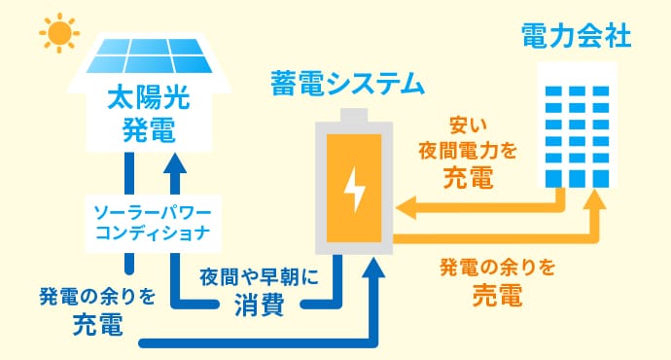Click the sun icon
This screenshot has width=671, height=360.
pyautogui.click(x=59, y=33)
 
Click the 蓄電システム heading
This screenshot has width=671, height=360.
pyautogui.click(x=347, y=84)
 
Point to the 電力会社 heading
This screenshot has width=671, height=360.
pyautogui.click(x=577, y=37)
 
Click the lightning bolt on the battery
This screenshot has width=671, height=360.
pyautogui.click(x=355, y=191)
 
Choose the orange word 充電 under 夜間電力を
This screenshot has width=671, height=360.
pyautogui.click(x=467, y=177)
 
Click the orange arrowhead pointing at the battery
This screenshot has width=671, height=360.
pyautogui.click(x=406, y=207)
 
